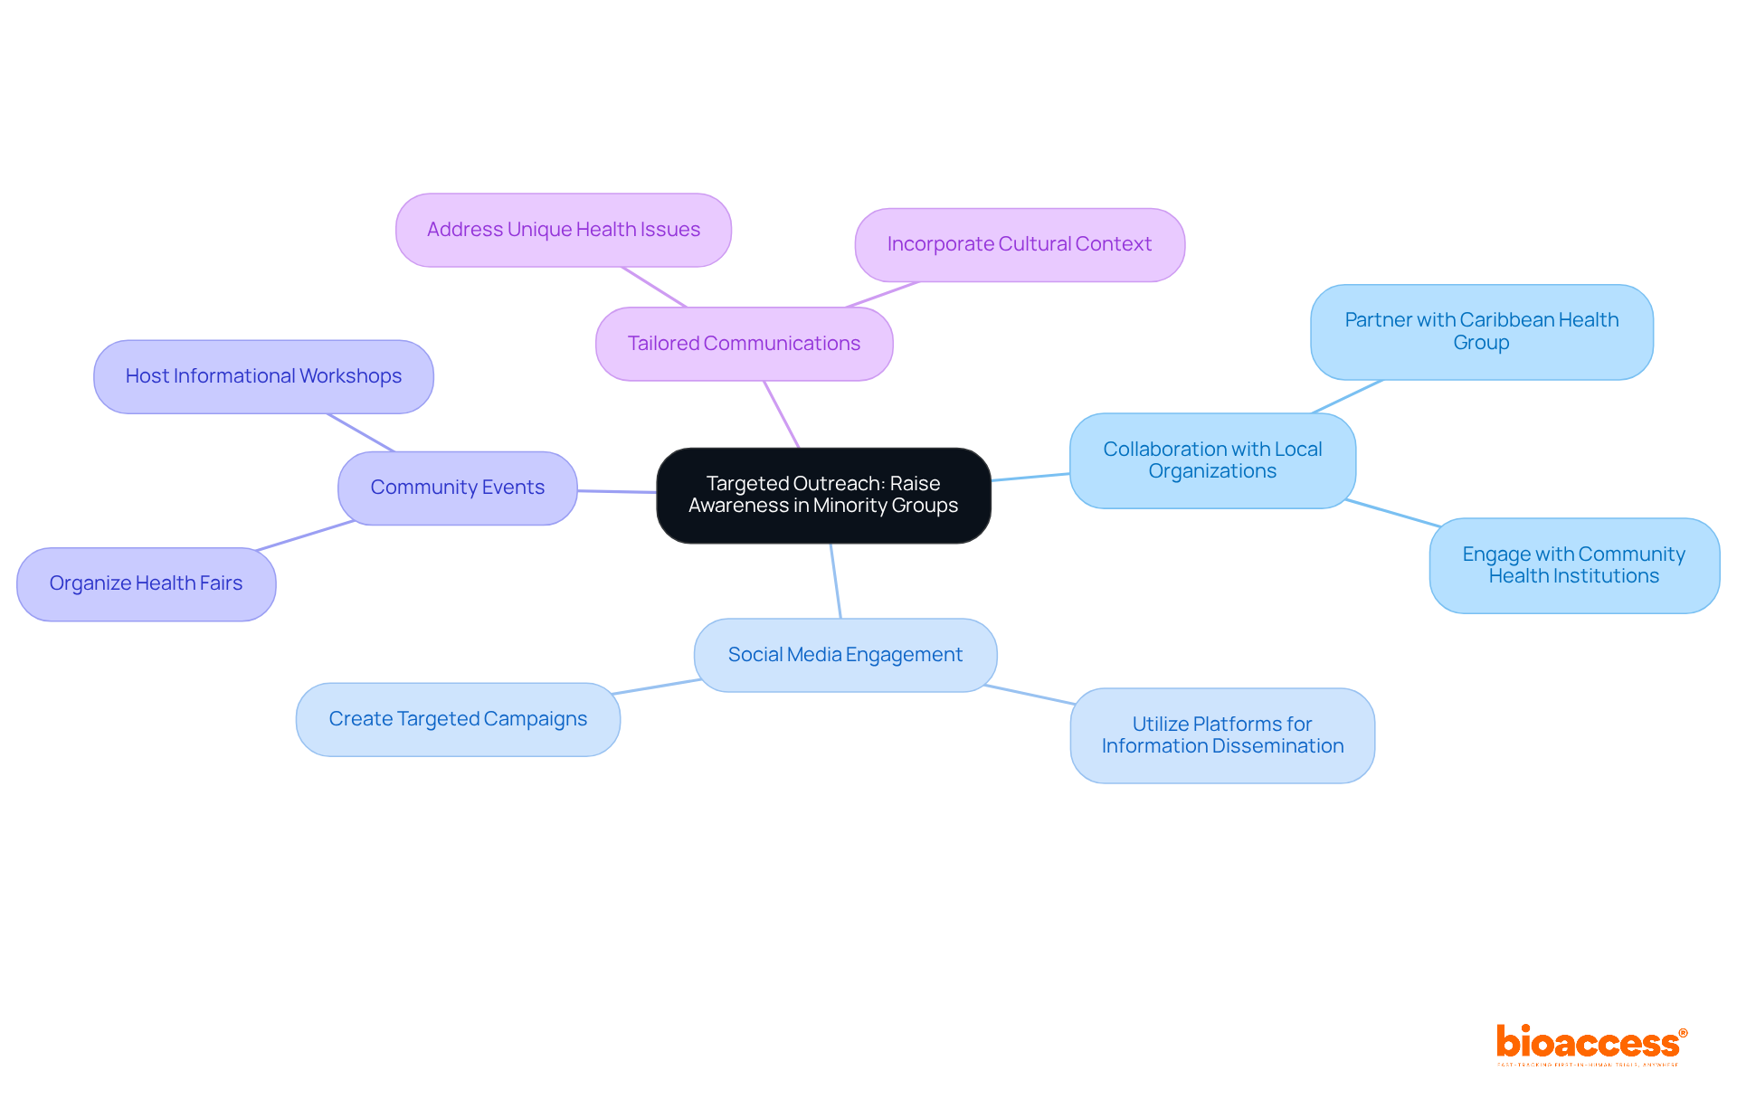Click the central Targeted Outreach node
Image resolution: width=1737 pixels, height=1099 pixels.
pyautogui.click(x=823, y=495)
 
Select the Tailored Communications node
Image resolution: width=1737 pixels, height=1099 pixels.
pyautogui.click(x=744, y=344)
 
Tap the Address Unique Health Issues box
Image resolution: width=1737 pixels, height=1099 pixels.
pyautogui.click(x=563, y=230)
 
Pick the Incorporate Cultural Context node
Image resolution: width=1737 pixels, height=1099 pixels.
pyautogui.click(x=1019, y=244)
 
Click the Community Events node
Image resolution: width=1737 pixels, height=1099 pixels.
pyautogui.click(x=457, y=488)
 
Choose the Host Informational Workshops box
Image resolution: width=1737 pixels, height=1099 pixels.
pyautogui.click(x=263, y=376)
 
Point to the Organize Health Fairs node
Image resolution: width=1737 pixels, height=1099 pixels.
pyautogui.click(x=146, y=583)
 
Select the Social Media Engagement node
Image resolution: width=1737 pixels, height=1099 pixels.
pyautogui.click(x=845, y=655)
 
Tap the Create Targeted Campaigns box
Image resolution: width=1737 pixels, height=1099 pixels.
pyautogui.click(x=458, y=719)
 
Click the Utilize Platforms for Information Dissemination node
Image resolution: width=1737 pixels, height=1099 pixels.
pyautogui.click(x=1221, y=735)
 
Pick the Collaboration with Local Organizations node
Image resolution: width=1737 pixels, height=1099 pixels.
pyautogui.click(x=1211, y=460)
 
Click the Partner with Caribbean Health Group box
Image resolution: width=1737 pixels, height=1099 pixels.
pyautogui.click(x=1481, y=331)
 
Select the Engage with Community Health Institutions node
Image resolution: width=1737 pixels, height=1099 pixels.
pyautogui.click(x=1573, y=565)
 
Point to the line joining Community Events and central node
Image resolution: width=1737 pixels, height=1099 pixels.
pyautogui.click(x=616, y=491)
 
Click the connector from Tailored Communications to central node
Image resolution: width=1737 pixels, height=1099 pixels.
pyautogui.click(x=782, y=414)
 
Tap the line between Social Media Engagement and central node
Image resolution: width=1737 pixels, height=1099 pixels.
pyautogui.click(x=836, y=581)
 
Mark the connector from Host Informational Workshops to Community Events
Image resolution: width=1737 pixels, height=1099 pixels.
pyautogui.click(x=361, y=432)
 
